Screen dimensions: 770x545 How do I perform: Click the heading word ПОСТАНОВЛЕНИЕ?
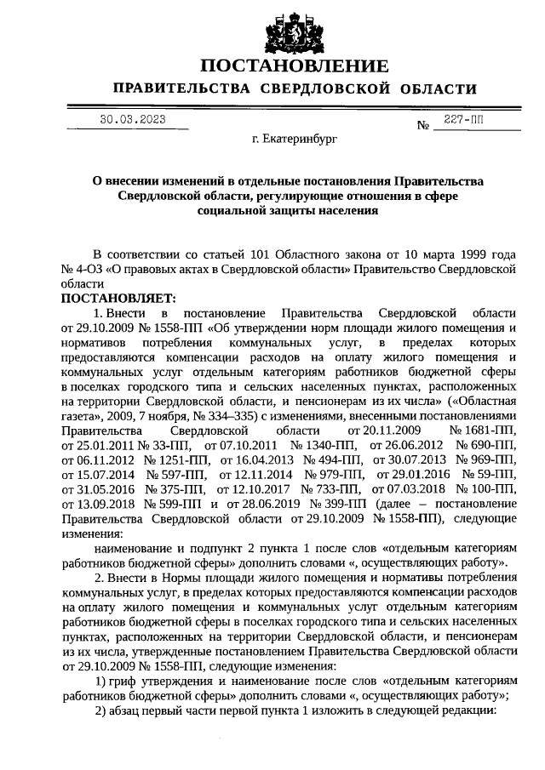[x=295, y=66]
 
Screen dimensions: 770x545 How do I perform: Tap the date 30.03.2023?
[x=132, y=119]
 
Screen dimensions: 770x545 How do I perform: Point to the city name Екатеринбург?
[x=289, y=140]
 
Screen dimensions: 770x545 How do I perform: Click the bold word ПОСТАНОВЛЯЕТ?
[x=118, y=299]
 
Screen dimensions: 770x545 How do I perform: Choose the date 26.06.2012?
[x=408, y=446]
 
